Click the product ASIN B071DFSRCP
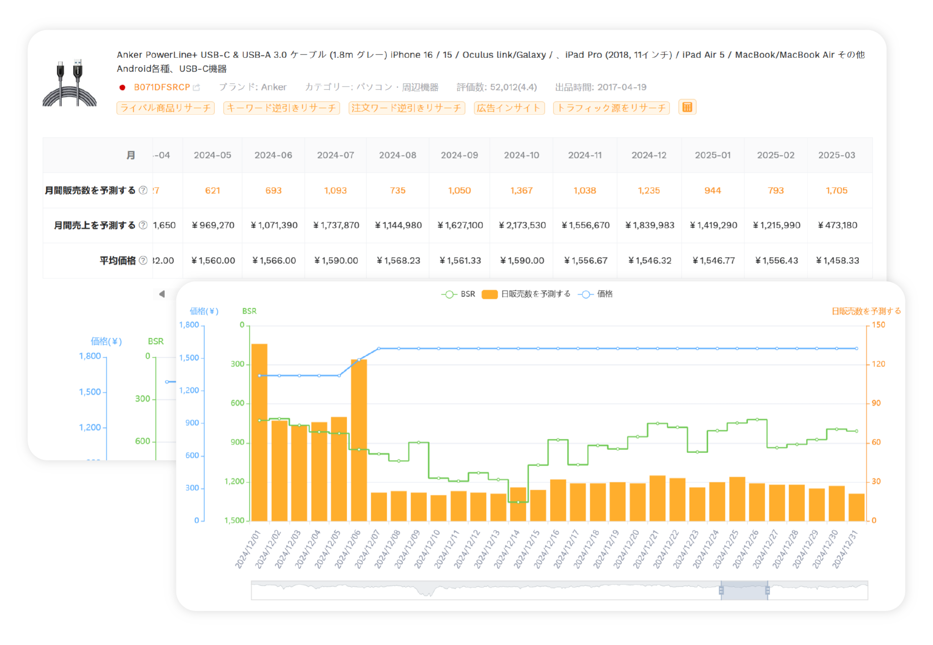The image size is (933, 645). click(x=162, y=87)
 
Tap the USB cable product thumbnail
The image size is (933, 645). click(x=69, y=83)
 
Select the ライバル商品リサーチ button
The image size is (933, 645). click(x=165, y=108)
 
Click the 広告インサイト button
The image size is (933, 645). click(x=509, y=108)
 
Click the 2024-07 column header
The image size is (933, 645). click(x=335, y=156)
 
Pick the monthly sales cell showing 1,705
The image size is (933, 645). click(x=836, y=191)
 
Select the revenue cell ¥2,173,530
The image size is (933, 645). click(x=522, y=226)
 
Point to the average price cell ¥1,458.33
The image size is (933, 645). click(x=837, y=261)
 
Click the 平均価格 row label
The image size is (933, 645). click(x=118, y=261)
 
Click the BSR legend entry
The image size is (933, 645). click(x=459, y=294)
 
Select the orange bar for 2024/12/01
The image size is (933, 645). click(x=259, y=433)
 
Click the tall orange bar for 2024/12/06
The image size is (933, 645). click(x=359, y=440)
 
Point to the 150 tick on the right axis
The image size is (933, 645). click(x=878, y=325)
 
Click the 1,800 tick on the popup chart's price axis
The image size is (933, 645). click(x=189, y=325)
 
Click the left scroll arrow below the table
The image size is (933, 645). click(x=162, y=294)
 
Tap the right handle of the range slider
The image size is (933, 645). click(x=767, y=591)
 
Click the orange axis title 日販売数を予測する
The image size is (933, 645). click(x=866, y=311)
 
